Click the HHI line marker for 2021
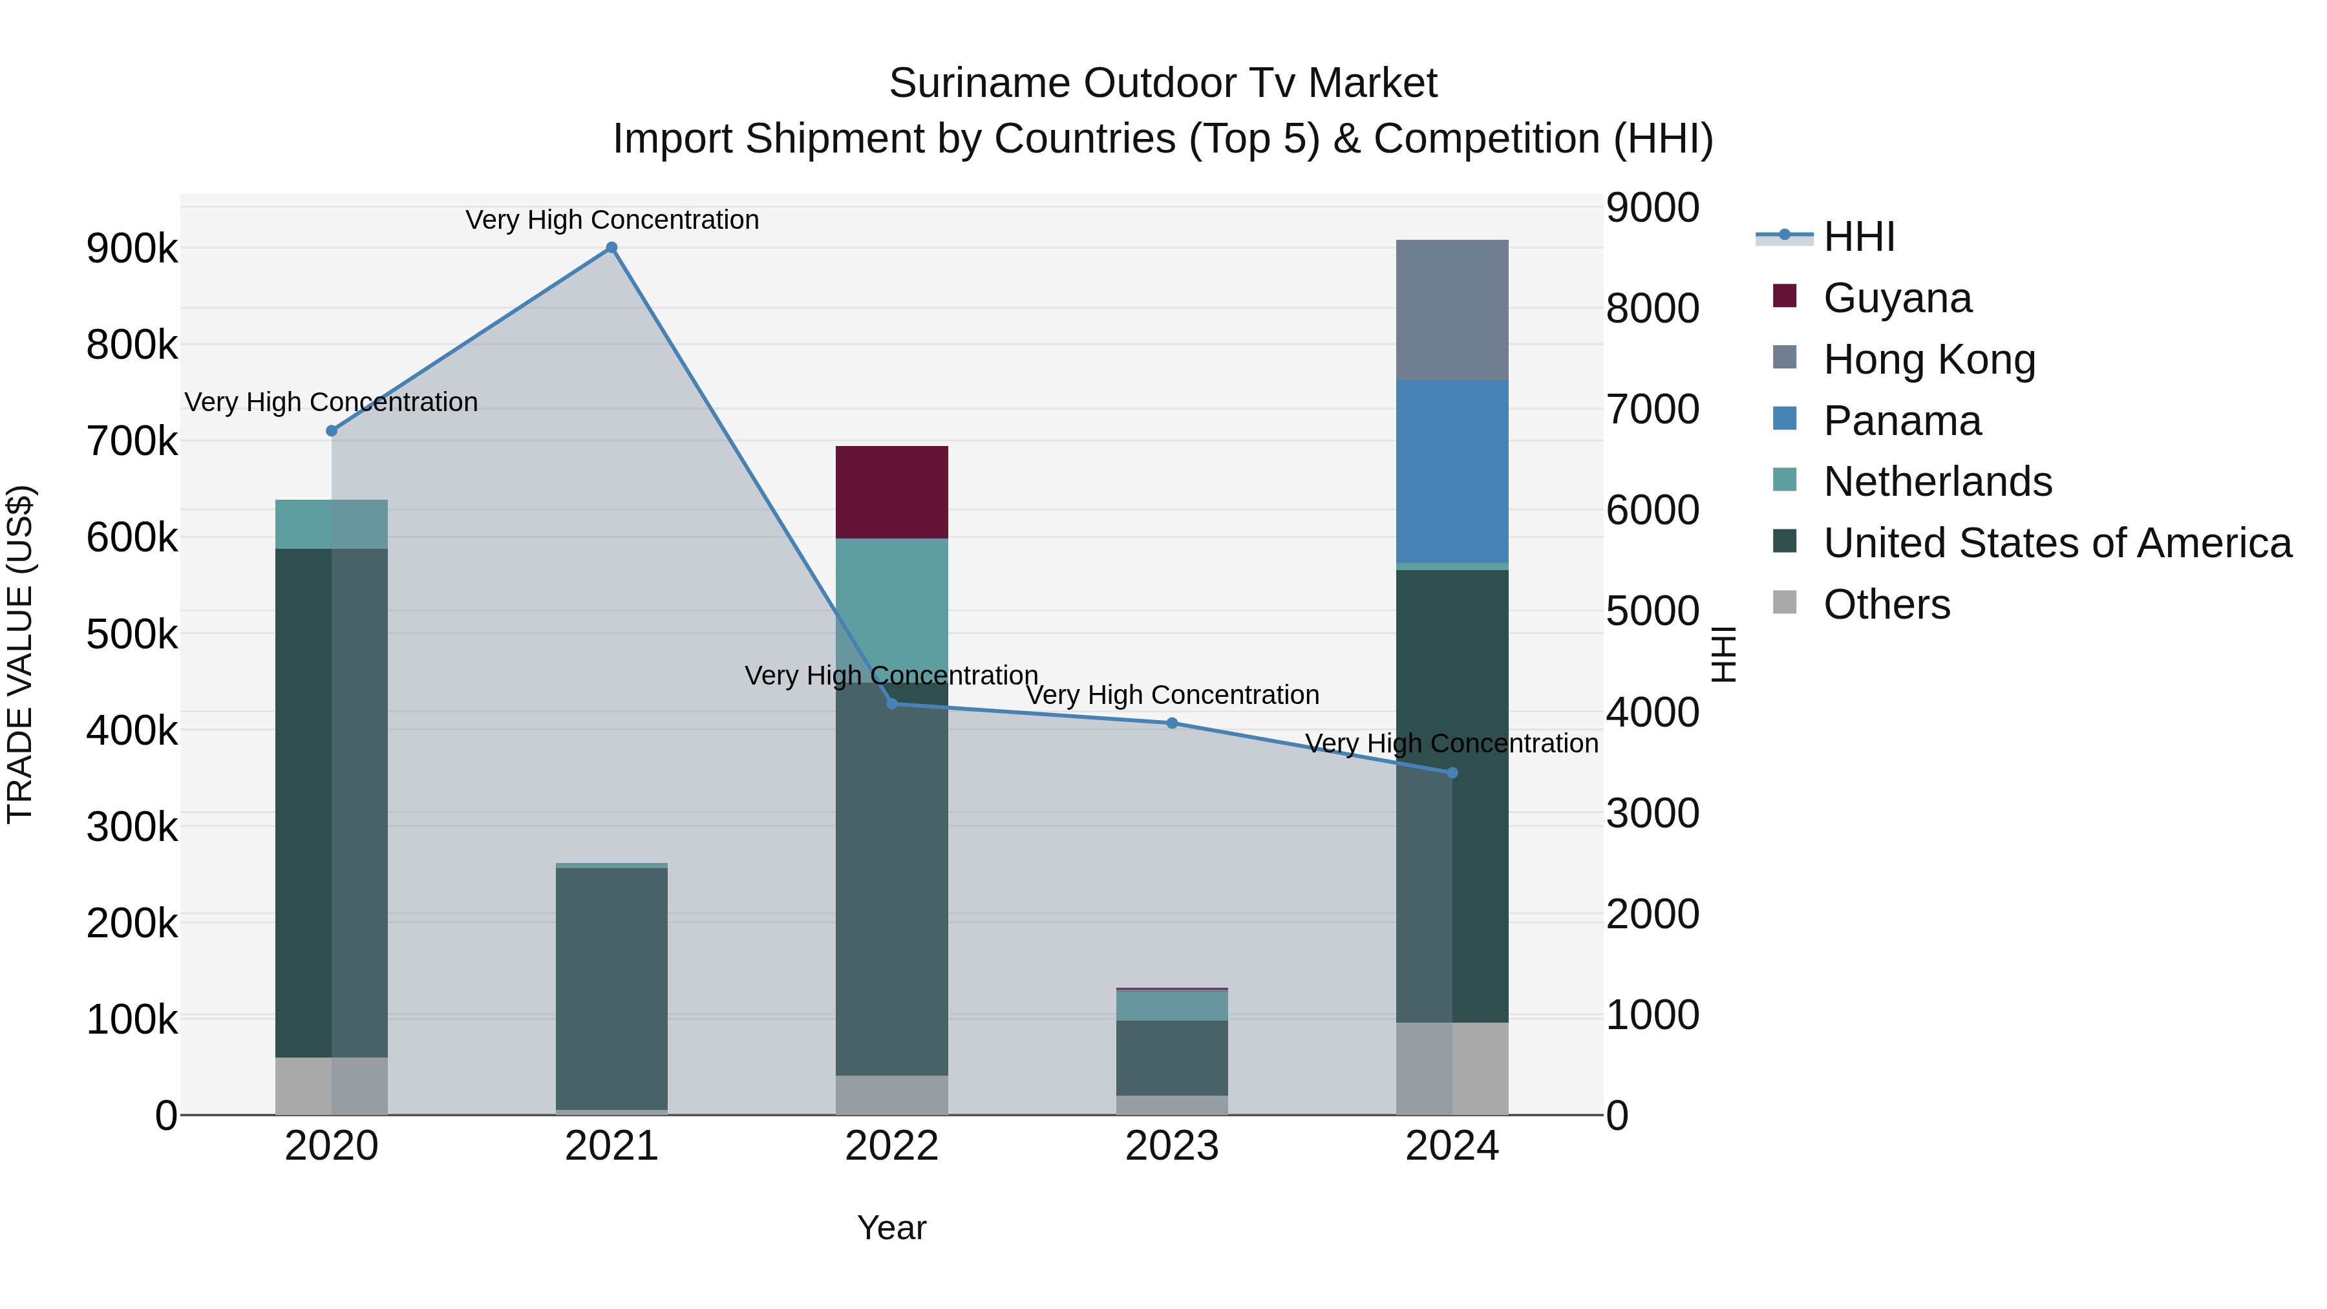[611, 248]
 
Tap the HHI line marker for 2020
[332, 431]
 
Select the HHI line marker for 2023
[1172, 723]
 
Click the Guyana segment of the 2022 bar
[891, 493]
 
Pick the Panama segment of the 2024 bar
[1452, 472]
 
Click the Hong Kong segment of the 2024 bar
[1452, 310]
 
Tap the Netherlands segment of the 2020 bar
[332, 524]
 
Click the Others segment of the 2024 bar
[1452, 1069]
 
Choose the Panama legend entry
[1902, 421]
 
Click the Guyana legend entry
[1897, 298]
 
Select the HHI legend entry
[1858, 237]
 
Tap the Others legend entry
[1886, 604]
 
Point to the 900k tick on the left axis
[132, 248]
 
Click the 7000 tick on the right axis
[1652, 409]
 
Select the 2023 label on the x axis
[1172, 1146]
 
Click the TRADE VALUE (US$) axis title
[20, 654]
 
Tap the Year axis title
[891, 1228]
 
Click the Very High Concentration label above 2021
[611, 220]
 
